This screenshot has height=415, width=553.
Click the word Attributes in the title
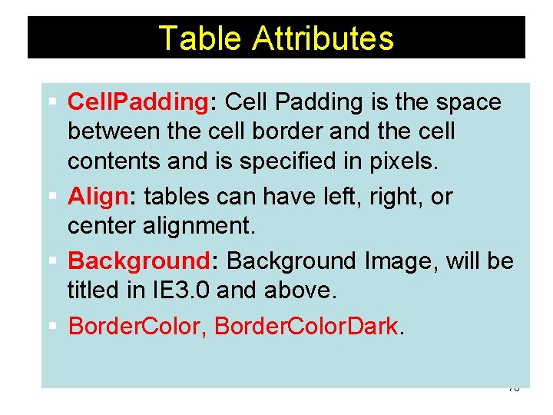pyautogui.click(x=323, y=38)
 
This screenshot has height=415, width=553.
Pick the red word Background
pyautogui.click(x=138, y=261)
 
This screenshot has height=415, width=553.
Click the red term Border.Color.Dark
pyautogui.click(x=306, y=326)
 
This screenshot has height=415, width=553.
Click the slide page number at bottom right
pyautogui.click(x=514, y=389)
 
